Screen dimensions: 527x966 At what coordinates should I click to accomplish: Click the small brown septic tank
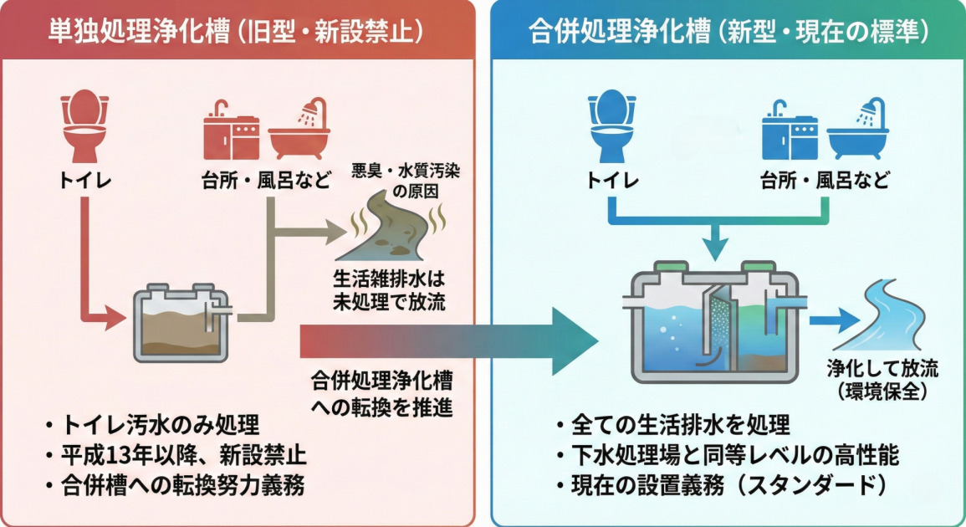[178, 322]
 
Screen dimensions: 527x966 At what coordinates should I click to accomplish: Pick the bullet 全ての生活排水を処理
[674, 425]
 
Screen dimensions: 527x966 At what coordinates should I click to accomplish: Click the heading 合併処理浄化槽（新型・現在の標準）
[728, 32]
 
